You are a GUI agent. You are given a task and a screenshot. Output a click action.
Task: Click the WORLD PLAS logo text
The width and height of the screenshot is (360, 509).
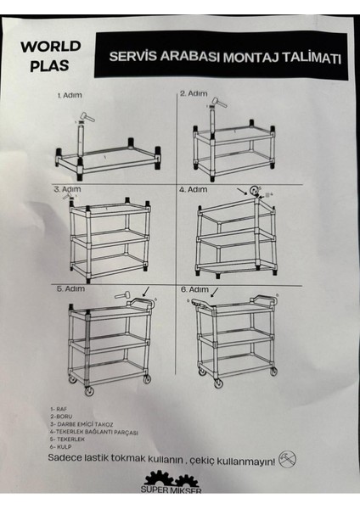pos(51,55)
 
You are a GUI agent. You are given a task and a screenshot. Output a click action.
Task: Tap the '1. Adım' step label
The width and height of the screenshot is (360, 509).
pos(70,95)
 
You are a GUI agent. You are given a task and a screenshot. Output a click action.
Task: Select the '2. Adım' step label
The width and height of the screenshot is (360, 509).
pos(194,93)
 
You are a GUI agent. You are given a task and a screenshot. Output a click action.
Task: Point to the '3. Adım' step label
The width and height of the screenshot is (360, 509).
pos(68,189)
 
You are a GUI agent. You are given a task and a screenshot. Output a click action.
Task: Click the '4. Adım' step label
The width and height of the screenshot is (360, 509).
pos(194,189)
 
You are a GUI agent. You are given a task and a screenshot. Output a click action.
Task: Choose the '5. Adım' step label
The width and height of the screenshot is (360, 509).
pos(70,288)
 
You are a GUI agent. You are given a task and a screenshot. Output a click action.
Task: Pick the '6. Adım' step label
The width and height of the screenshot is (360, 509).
pos(195,289)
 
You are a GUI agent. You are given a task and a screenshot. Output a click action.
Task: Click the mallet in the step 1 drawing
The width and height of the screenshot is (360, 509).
pos(87,117)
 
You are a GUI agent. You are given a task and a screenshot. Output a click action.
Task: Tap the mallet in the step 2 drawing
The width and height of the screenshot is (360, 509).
pos(220,103)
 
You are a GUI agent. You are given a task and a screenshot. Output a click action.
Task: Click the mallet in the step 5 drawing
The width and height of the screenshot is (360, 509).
pos(122,295)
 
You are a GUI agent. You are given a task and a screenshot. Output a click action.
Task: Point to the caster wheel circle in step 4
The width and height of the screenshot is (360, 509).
pos(254,190)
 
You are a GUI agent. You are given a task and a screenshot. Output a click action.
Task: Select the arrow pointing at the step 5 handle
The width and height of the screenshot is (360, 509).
pos(147,291)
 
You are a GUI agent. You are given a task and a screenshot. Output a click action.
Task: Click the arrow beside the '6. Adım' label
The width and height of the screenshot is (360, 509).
pos(215,292)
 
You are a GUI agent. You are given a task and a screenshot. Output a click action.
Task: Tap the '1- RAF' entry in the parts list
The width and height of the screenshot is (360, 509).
pos(59,409)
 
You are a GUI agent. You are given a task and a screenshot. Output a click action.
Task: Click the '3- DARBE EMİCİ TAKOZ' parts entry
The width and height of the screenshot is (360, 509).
pos(82,424)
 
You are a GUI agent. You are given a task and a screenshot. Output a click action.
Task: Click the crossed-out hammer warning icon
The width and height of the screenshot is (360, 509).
pos(288,459)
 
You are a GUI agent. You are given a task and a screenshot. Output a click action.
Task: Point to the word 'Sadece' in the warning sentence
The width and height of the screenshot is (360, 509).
pos(65,458)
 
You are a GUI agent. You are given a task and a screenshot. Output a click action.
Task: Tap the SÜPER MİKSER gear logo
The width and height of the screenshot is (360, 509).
pos(172,482)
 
